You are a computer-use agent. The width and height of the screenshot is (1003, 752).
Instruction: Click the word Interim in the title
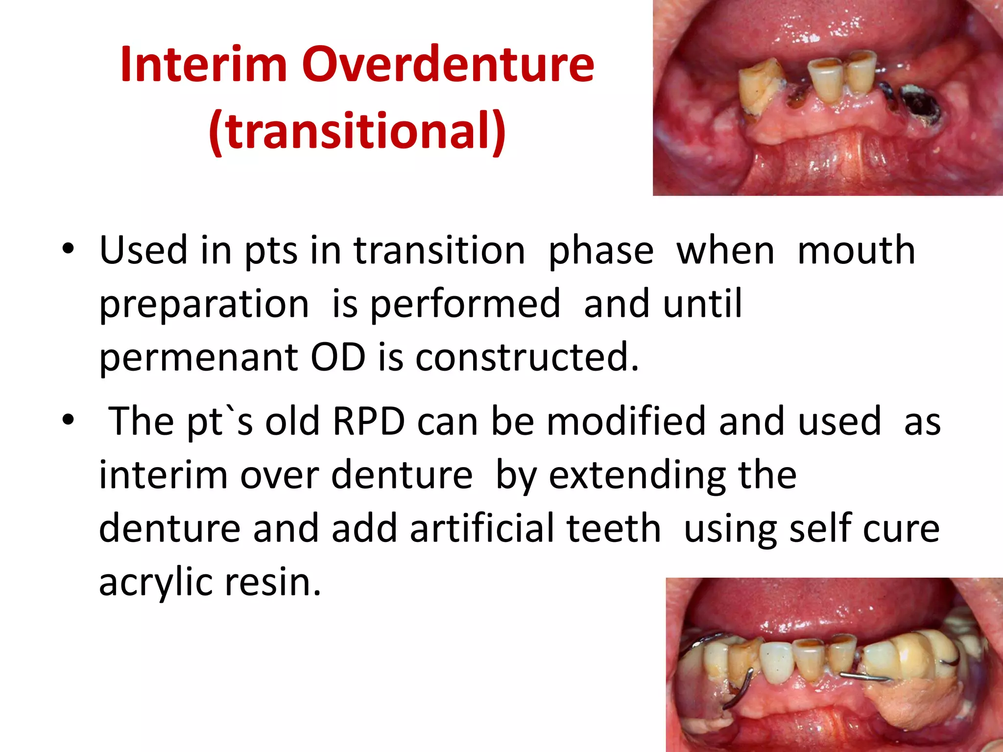(x=203, y=65)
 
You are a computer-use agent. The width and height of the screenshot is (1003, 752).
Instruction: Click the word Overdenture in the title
(x=448, y=65)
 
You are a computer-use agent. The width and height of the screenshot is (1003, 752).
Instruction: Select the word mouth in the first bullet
(x=856, y=251)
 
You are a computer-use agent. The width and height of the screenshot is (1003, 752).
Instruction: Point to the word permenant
(x=198, y=357)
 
